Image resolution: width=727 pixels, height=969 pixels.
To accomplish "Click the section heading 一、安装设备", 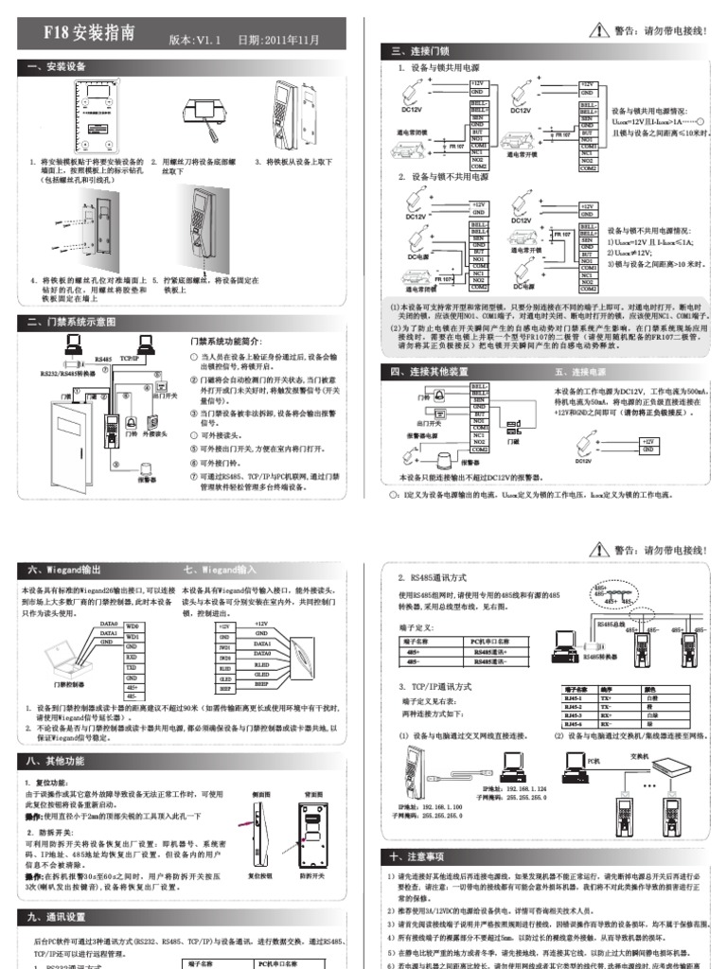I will (x=58, y=66).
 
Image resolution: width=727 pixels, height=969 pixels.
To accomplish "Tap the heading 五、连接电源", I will (x=579, y=372).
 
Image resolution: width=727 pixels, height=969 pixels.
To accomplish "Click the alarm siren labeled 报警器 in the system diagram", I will (x=147, y=469).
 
